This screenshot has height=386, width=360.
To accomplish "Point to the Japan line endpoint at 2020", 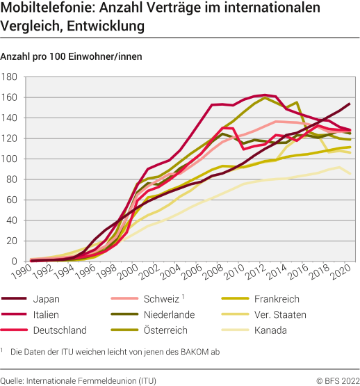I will click(348, 104).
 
